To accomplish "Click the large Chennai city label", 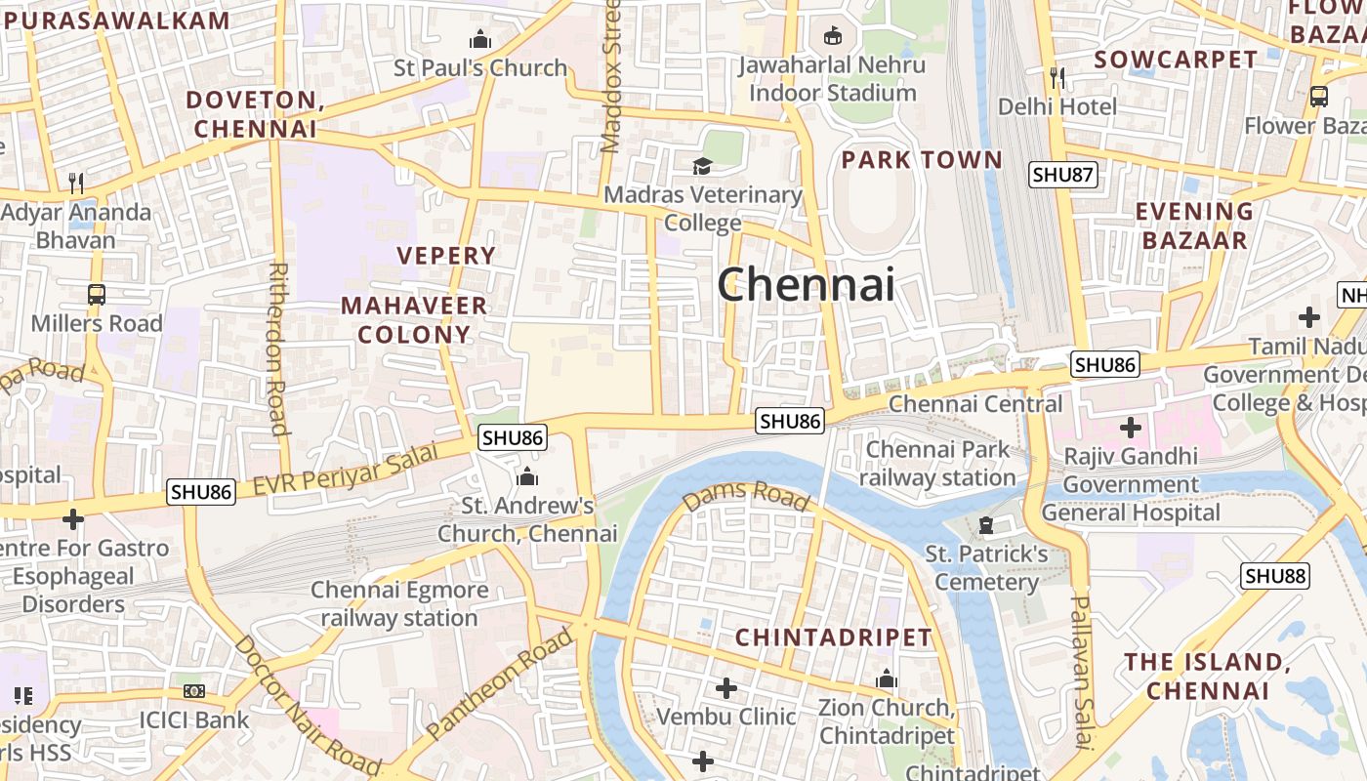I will [x=807, y=285].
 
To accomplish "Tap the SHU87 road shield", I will [x=1063, y=175].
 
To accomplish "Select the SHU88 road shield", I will [x=1275, y=576].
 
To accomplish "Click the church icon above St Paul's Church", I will [x=479, y=40].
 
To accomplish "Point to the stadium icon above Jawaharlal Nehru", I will [x=832, y=36].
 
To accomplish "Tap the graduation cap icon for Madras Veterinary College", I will [x=702, y=166].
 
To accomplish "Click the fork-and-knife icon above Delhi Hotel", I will [x=1057, y=77].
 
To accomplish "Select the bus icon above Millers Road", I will [x=96, y=294].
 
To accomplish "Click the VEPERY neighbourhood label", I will [x=446, y=256].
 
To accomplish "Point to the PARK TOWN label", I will [x=922, y=159].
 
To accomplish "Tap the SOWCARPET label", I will [x=1176, y=60].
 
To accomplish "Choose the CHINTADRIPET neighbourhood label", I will [x=834, y=637].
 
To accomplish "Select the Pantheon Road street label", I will [x=500, y=684].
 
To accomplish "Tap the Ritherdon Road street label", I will [x=278, y=348].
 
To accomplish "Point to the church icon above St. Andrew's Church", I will [x=527, y=476].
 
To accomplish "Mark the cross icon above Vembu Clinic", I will [x=725, y=688].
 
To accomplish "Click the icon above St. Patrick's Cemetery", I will [x=986, y=526].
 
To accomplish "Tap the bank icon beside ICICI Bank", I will [x=194, y=691].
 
